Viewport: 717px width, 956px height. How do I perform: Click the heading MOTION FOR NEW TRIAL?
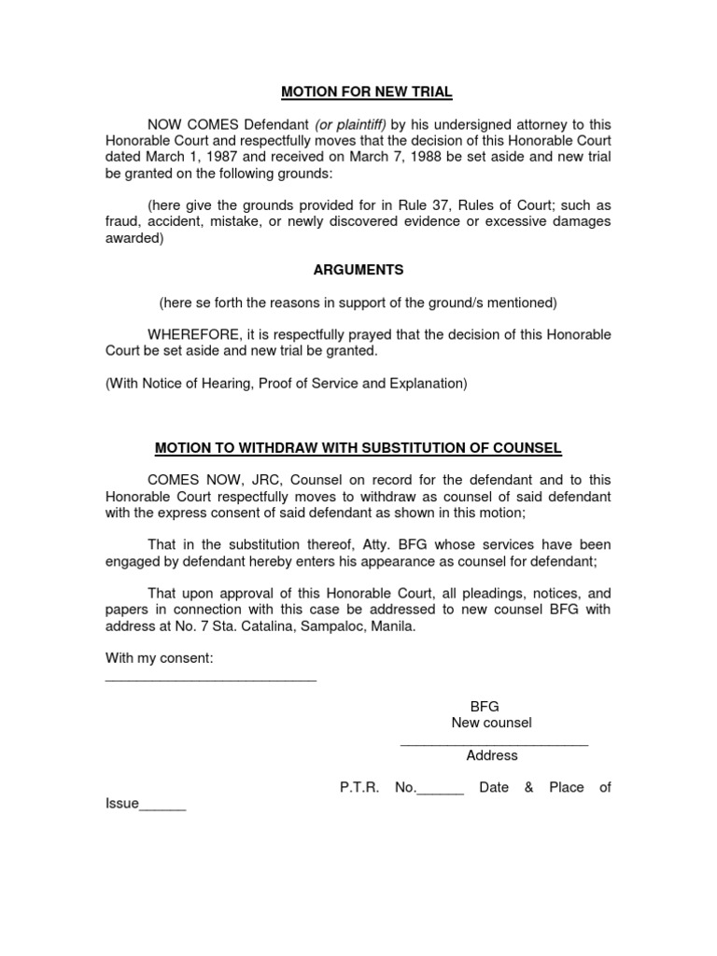[x=367, y=91]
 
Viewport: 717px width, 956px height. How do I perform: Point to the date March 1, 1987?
[x=177, y=157]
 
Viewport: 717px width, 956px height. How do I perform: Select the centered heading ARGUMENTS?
[x=358, y=270]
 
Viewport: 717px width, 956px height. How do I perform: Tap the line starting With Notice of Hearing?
[x=286, y=383]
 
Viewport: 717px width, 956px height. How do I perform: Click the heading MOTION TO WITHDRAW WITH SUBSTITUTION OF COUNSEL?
[x=358, y=448]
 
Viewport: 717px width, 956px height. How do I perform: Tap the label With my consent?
[x=160, y=658]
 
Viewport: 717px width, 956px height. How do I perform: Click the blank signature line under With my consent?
[x=211, y=680]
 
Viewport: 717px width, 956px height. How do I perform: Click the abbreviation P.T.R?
[x=359, y=787]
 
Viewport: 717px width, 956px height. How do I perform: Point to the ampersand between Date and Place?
[x=528, y=787]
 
